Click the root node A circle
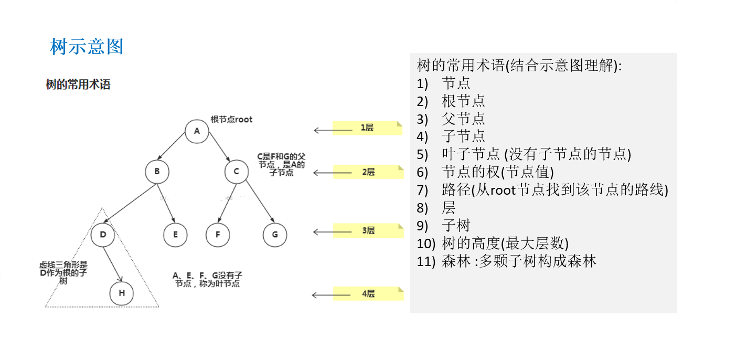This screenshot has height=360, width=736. [197, 131]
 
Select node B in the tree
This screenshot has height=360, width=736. [157, 171]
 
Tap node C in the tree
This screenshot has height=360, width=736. [237, 171]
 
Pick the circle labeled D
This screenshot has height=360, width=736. [103, 235]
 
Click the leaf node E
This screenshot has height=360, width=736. [175, 235]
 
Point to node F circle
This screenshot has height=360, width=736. [218, 235]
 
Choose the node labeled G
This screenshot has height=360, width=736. [275, 235]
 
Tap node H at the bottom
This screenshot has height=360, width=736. [122, 293]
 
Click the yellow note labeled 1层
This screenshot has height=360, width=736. [367, 128]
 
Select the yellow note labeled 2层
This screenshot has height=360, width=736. [368, 172]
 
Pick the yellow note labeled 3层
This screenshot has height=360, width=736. [368, 231]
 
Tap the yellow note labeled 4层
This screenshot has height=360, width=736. [368, 294]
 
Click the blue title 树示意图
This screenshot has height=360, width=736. [87, 47]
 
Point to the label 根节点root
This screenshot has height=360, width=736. [231, 120]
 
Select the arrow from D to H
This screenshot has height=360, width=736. [112, 264]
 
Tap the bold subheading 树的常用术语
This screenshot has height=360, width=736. [78, 84]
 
